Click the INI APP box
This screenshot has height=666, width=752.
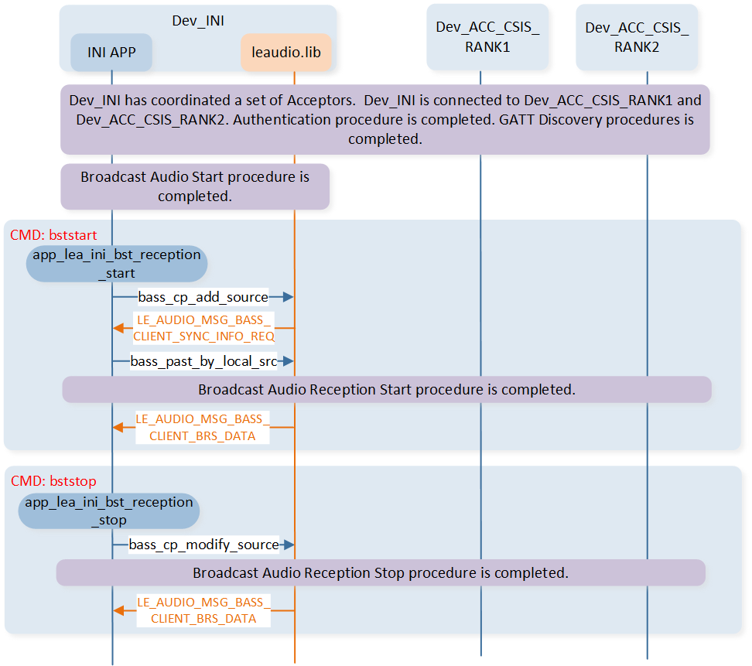111,53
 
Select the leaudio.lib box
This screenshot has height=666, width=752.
286,53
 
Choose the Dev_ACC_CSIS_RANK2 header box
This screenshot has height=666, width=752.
637,37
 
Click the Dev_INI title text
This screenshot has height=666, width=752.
198,21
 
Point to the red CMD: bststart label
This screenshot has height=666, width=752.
48,234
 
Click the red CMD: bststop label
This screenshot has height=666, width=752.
53,481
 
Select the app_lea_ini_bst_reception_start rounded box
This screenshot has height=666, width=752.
117,264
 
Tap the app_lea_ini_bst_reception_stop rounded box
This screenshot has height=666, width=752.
109,511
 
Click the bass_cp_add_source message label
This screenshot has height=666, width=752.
203,297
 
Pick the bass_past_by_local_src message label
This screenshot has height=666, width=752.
204,361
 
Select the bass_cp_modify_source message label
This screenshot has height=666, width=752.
204,545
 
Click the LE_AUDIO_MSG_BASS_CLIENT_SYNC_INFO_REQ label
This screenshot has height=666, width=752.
203,328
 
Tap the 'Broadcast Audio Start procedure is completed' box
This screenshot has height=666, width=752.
195,186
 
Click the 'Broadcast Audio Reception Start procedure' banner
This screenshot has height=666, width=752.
386,389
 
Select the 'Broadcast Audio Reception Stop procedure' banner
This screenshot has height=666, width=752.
381,573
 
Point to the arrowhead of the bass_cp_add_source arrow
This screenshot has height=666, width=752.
289,297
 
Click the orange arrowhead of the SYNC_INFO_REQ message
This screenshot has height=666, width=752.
118,328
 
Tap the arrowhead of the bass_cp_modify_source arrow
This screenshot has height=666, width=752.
289,545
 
